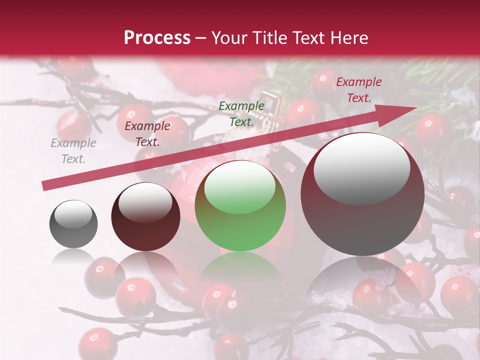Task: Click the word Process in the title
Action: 157,37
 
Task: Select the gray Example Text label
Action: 73,151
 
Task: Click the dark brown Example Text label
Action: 147,134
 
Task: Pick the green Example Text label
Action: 241,113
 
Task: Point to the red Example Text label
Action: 359,90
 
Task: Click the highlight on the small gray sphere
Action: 73,215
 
